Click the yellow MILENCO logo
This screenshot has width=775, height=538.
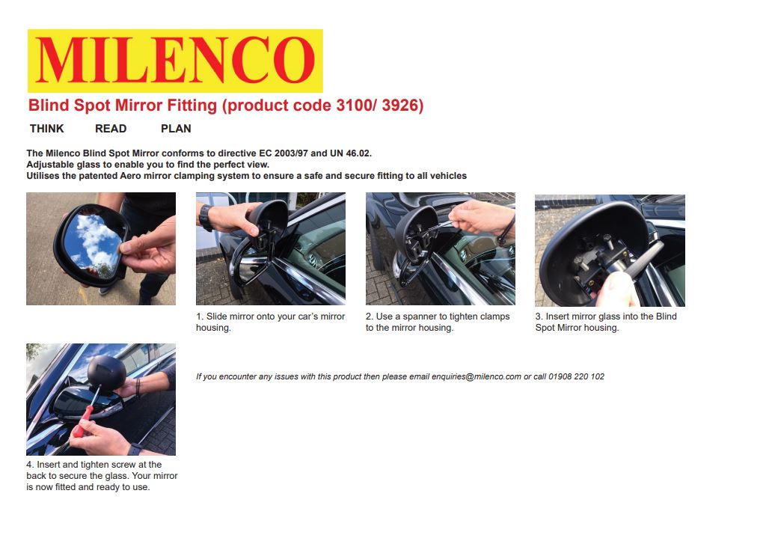point(174,61)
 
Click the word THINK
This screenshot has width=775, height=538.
point(46,129)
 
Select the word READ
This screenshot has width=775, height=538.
point(111,129)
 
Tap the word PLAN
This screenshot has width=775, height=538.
point(176,129)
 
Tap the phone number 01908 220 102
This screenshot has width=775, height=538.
point(576,376)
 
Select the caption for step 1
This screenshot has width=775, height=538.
point(270,322)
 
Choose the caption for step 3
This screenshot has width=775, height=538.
point(605,322)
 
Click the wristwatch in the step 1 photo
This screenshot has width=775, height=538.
point(205,217)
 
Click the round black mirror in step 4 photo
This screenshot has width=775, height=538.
point(103,370)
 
